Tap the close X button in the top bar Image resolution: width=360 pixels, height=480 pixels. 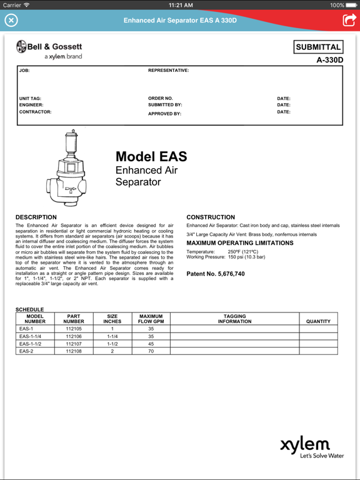click(11, 20)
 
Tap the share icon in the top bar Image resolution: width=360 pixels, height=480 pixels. click(348, 20)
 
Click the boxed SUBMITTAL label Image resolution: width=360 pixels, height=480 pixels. click(318, 47)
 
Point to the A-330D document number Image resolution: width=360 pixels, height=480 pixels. click(329, 61)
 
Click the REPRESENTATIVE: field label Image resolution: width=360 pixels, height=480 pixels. click(168, 71)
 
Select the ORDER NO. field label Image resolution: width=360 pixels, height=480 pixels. click(161, 98)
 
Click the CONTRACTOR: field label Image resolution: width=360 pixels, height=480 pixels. click(35, 112)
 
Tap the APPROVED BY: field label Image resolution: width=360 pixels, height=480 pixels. click(164, 114)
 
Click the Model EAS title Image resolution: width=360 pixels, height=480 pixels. click(151, 157)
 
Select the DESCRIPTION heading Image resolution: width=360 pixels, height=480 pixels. click(36, 217)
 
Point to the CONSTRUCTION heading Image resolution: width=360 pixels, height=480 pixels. click(211, 217)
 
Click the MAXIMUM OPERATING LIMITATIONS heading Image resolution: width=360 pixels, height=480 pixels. click(239, 243)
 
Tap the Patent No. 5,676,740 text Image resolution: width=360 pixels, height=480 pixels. click(216, 274)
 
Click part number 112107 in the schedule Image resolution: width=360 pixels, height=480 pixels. click(74, 344)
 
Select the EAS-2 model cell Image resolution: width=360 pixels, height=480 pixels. click(26, 351)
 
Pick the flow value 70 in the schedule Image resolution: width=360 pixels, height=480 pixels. click(151, 351)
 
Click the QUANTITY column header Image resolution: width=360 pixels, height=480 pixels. click(318, 321)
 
